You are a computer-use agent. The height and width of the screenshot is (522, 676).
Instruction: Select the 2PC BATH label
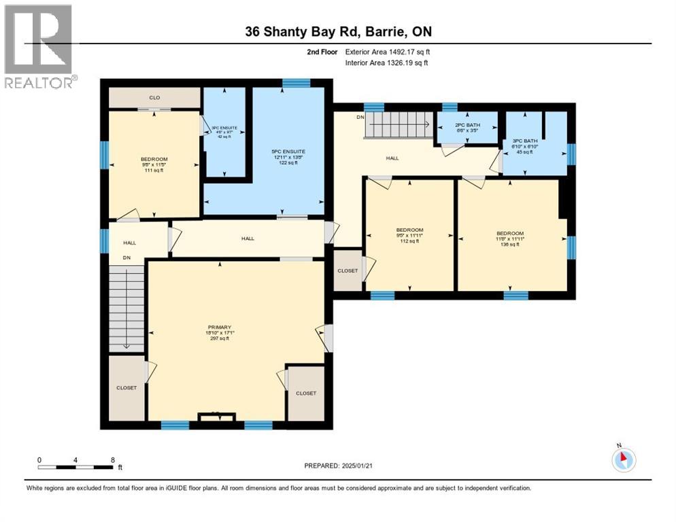(x=467, y=124)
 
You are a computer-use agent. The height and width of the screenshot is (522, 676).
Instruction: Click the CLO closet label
(x=154, y=98)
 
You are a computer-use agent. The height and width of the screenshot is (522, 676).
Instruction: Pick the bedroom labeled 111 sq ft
(x=154, y=164)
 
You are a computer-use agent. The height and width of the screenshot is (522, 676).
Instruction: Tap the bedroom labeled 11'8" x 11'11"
(x=509, y=238)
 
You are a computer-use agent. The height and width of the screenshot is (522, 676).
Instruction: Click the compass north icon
(x=623, y=460)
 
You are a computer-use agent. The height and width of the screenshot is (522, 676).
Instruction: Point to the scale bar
(x=75, y=466)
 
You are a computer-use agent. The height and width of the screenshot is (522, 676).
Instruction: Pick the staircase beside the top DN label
(x=400, y=125)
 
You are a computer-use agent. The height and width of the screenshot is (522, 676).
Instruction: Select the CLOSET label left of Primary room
(x=126, y=387)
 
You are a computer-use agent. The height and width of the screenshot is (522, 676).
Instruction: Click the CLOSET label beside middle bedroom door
(x=348, y=271)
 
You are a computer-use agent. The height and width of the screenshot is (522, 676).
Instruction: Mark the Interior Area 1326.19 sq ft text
(x=386, y=63)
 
